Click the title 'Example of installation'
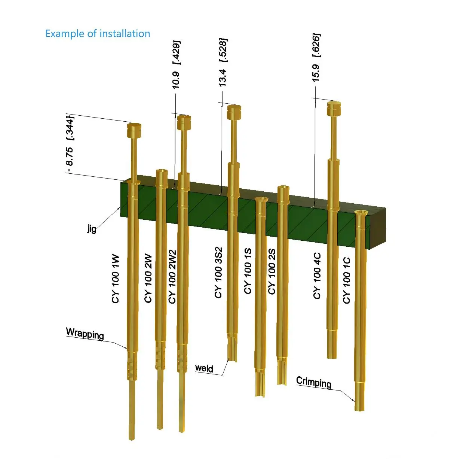[x=98, y=34]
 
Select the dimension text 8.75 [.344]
[x=70, y=141]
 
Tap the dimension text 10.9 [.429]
[x=176, y=64]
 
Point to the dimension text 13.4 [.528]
[x=223, y=62]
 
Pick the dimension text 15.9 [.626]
[x=316, y=58]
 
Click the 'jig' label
[x=92, y=228]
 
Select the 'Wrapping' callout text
[x=85, y=333]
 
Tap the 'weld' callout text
[x=204, y=368]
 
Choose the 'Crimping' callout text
[x=313, y=382]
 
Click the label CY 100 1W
[x=116, y=279]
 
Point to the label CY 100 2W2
[x=172, y=277]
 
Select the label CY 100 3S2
[x=218, y=273]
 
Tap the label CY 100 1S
[x=248, y=271]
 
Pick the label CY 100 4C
[x=317, y=276]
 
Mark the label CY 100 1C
[x=347, y=280]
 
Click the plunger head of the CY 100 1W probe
[x=134, y=130]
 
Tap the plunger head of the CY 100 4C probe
[x=334, y=108]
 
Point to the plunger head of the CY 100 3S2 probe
[x=234, y=112]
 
